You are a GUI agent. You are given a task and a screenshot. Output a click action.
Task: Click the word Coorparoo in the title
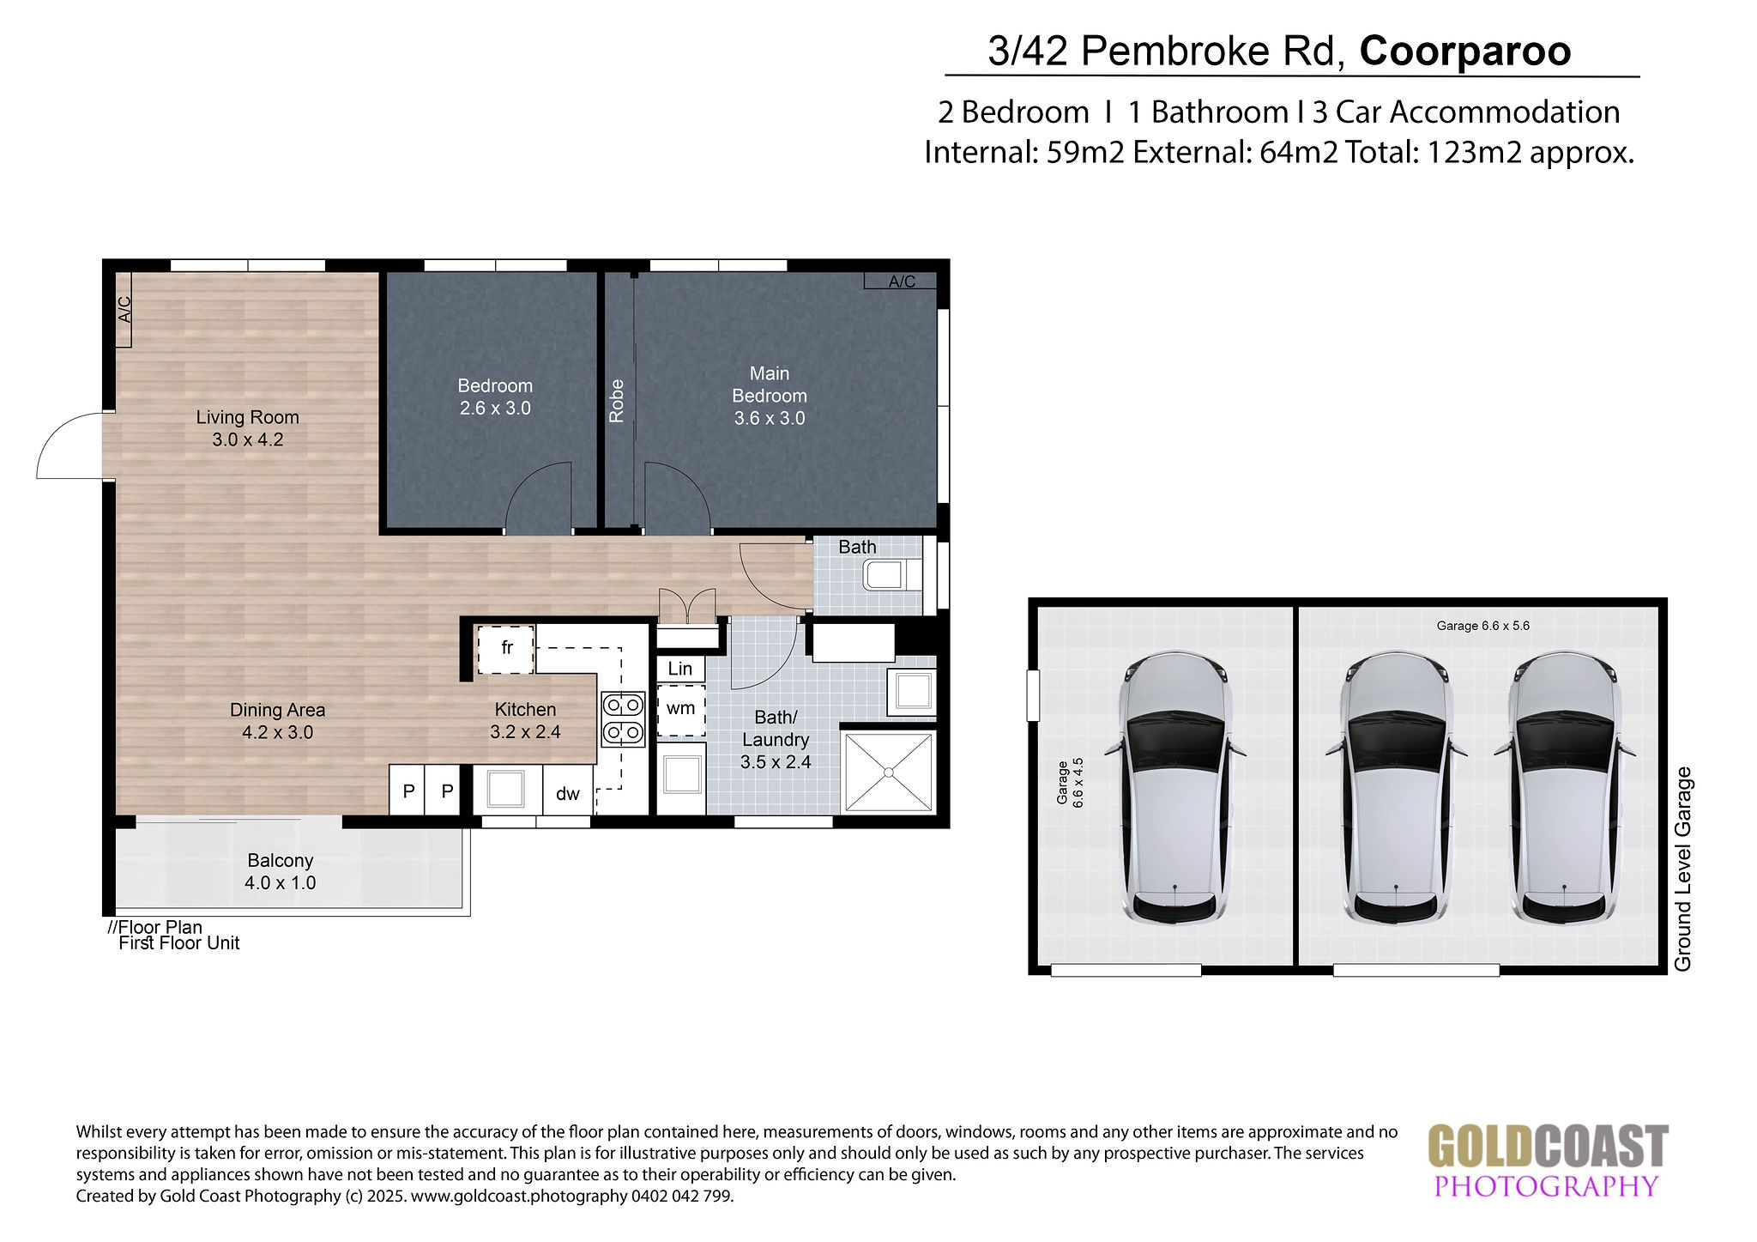point(1465,51)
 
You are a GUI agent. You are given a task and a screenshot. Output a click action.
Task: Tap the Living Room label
point(247,428)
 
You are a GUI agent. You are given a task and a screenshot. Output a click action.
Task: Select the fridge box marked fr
point(506,649)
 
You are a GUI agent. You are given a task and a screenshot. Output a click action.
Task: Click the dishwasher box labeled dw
point(568,790)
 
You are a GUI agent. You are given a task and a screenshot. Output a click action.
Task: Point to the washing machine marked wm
point(681,709)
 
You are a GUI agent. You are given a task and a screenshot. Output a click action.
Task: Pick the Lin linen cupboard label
point(680,669)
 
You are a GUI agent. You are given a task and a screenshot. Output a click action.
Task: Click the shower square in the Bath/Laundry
point(889,772)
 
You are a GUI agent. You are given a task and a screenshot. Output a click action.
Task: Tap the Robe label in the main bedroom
point(616,401)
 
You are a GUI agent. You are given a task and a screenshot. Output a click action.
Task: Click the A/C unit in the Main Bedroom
point(901,281)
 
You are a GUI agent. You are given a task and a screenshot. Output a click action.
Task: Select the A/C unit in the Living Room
point(123,309)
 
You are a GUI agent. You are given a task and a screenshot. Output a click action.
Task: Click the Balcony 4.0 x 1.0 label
point(281,871)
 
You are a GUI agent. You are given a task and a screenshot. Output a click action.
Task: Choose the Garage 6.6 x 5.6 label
point(1483,626)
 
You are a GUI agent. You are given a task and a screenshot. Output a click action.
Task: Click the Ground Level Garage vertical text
point(1683,869)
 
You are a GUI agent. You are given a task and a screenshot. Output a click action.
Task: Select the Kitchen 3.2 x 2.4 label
point(525,720)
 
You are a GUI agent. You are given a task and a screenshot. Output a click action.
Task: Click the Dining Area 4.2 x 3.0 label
point(277,721)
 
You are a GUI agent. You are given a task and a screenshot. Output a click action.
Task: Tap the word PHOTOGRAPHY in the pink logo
point(1546,1185)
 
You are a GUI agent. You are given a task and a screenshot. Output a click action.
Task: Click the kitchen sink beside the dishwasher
point(506,789)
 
